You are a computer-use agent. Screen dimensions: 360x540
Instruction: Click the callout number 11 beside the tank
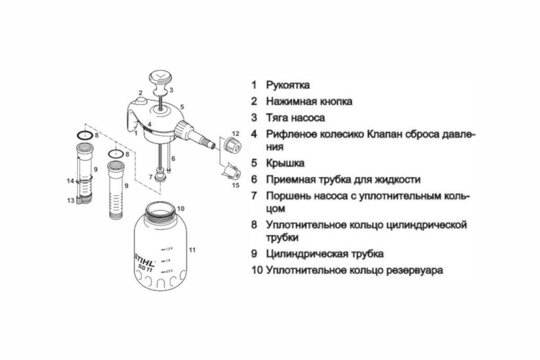coord(192,249)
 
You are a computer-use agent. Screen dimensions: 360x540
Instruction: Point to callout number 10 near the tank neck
coord(180,208)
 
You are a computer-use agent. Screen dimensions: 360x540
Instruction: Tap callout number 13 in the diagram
coord(71,201)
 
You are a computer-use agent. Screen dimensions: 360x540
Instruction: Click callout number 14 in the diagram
coord(70,181)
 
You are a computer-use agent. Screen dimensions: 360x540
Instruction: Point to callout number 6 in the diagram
coord(173,158)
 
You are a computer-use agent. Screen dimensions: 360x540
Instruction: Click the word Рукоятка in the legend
coord(288,85)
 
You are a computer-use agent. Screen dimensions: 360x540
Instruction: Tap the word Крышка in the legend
coord(285,163)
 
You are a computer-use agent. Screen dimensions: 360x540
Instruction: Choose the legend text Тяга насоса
coord(296,118)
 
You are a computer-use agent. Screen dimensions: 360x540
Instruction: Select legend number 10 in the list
coord(257,270)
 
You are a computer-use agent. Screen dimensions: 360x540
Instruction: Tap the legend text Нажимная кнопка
coord(309,101)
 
